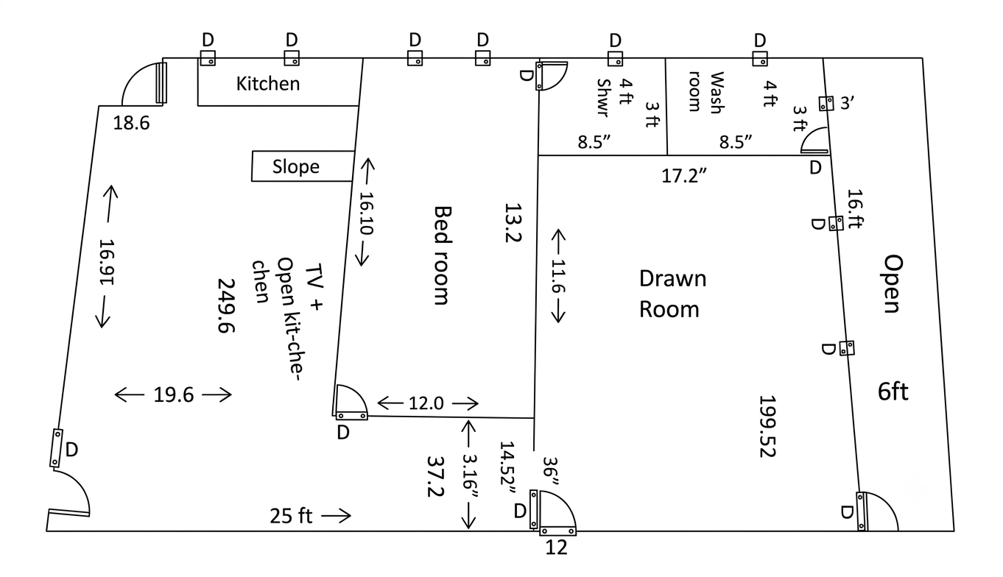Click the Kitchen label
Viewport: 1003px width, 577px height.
pos(268,84)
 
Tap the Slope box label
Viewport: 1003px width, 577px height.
pos(296,166)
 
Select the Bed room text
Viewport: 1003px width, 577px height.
pos(443,255)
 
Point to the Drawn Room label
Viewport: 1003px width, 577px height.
pos(672,294)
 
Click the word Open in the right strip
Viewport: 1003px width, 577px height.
pos(893,284)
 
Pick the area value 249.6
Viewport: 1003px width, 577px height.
pos(227,305)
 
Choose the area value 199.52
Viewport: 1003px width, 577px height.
pos(767,426)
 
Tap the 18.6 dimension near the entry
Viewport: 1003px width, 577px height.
pos(131,123)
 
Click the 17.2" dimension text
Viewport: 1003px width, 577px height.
pos(684,176)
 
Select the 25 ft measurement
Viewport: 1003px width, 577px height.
pos(291,516)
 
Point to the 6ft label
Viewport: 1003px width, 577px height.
pos(893,392)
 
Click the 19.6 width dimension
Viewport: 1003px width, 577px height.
pos(173,394)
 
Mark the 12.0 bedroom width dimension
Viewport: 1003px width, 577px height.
pos(426,403)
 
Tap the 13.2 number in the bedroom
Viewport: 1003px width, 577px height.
pos(513,223)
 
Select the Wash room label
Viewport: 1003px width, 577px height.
pos(706,92)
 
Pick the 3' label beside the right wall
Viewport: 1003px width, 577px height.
pos(847,103)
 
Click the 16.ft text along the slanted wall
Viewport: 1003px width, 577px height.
pos(855,208)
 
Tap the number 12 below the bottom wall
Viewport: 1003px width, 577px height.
pos(556,547)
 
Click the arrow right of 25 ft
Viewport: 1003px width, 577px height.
pos(337,516)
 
